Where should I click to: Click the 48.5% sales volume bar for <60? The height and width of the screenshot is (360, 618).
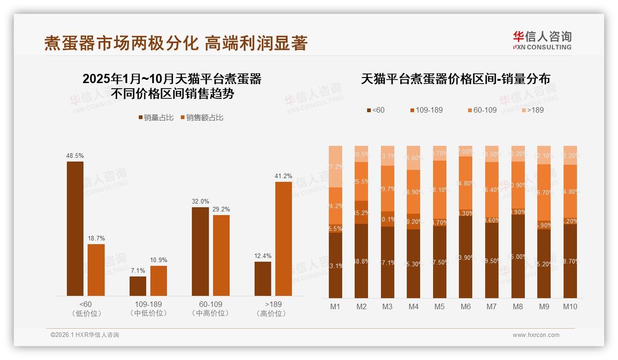point(75,228)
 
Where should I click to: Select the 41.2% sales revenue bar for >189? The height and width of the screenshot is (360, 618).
point(284,239)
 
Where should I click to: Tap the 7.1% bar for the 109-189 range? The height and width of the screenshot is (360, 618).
point(138,286)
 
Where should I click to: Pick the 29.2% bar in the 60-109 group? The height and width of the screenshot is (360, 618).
point(221,255)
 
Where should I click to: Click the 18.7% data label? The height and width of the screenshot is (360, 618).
point(96,238)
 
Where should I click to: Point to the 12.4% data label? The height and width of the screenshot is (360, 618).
point(263,256)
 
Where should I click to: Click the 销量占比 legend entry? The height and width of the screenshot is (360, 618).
point(156,118)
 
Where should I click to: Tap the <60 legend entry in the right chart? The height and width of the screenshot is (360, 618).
point(376,110)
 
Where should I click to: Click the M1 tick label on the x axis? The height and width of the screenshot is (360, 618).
point(335,306)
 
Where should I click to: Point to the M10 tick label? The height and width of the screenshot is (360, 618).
point(570,306)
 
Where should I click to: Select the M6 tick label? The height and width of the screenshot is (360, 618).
point(465,306)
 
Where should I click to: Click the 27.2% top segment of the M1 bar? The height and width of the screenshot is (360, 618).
point(335,167)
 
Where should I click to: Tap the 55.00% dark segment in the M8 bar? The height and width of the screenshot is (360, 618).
point(518,256)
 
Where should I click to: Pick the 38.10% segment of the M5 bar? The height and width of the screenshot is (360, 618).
point(440,189)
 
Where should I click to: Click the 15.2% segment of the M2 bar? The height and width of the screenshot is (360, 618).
point(361,212)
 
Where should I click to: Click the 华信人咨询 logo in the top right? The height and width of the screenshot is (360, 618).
point(542,40)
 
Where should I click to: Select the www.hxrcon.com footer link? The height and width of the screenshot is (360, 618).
point(536,335)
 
